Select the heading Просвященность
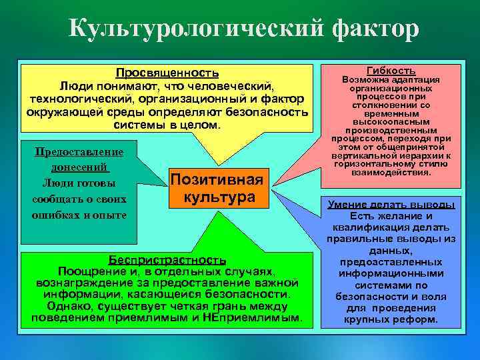click(x=167, y=73)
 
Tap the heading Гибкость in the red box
click(x=391, y=71)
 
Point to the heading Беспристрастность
click(x=167, y=259)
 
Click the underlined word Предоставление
click(x=79, y=152)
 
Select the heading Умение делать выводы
click(x=391, y=205)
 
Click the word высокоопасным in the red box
click(x=391, y=122)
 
